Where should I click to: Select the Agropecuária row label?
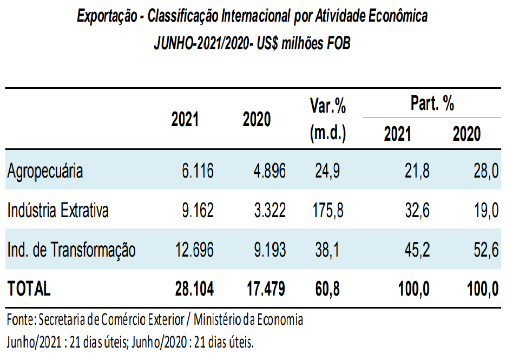coord(45,171)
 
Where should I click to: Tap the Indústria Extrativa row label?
coord(58,210)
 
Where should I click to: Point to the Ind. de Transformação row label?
coord(71,250)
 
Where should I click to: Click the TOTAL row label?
coord(29,289)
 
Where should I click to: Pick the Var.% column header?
coord(328,107)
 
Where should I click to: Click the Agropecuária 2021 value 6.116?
coord(198,171)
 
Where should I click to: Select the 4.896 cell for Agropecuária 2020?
coord(270,171)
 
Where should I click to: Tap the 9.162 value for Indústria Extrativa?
coord(198,210)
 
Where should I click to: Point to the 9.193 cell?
coord(270,250)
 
